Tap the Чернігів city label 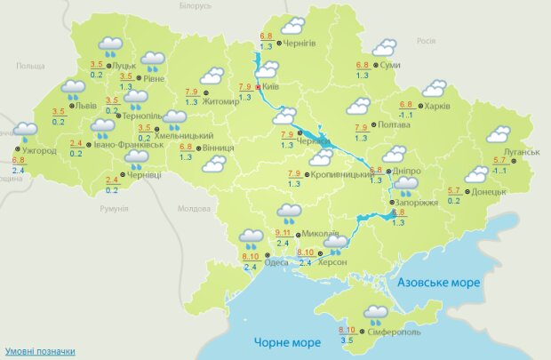coord(303,43)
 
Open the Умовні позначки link coord(39,351)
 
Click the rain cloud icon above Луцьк coord(110,44)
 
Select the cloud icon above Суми coord(384,47)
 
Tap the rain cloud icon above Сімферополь coord(376,313)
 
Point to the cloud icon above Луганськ coord(499,135)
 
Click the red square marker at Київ coord(259,87)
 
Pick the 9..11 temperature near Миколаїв coord(279,232)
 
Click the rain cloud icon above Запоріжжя coord(406,186)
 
